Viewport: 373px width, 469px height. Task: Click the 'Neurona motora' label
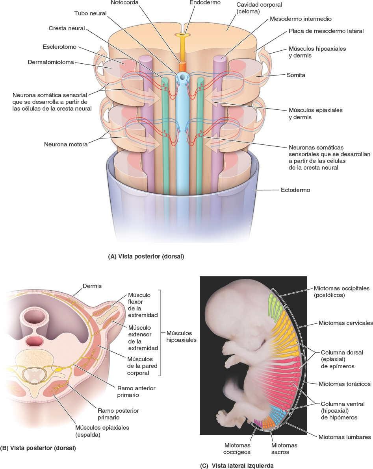(66, 144)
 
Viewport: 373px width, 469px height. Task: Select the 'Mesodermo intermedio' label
(301, 18)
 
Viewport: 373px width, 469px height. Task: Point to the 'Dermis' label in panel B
(92, 286)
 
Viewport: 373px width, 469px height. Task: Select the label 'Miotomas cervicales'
(345, 323)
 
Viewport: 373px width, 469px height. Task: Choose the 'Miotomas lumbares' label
(344, 437)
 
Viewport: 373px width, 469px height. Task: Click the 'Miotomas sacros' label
(284, 449)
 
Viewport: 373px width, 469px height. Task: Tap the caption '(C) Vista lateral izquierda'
(237, 465)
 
